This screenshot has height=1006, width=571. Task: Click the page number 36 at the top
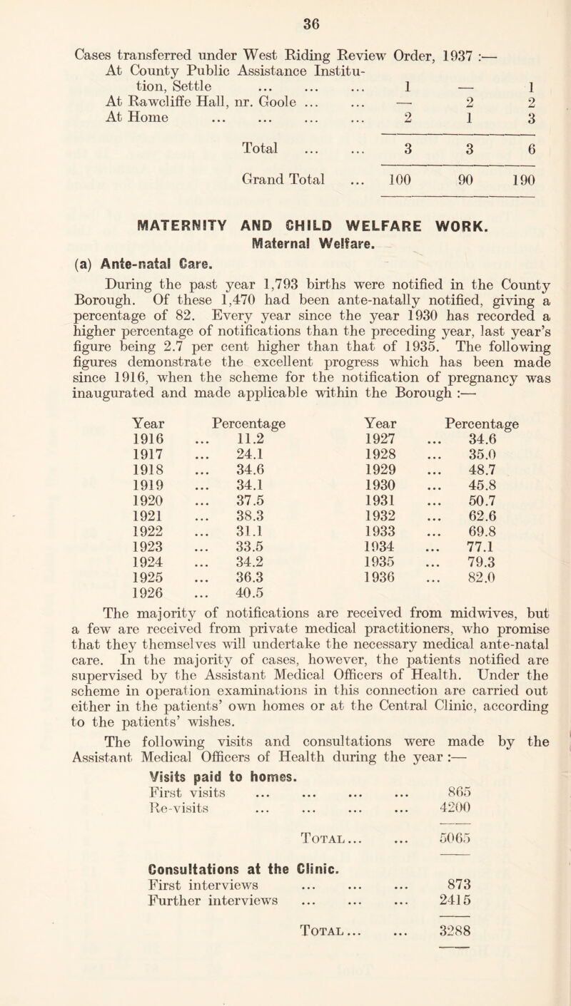pos(285,11)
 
